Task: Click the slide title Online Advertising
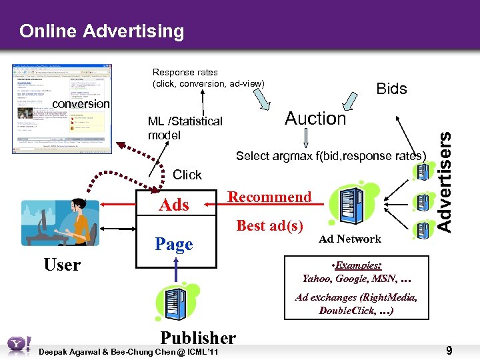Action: tap(101, 31)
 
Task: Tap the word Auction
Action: tap(315, 119)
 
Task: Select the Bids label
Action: tap(391, 89)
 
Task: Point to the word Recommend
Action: tap(269, 197)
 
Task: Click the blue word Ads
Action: tap(174, 205)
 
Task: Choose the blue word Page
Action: tap(173, 245)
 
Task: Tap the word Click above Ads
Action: tap(187, 175)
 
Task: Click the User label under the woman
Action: tap(61, 265)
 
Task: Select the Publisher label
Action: tap(198, 338)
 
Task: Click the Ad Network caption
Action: tap(349, 239)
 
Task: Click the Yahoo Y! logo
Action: tap(18, 345)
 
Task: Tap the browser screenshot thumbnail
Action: tap(62, 109)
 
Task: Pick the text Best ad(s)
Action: tap(270, 225)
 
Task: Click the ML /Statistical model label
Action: tap(185, 127)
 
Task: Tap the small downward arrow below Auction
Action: tap(306, 138)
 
